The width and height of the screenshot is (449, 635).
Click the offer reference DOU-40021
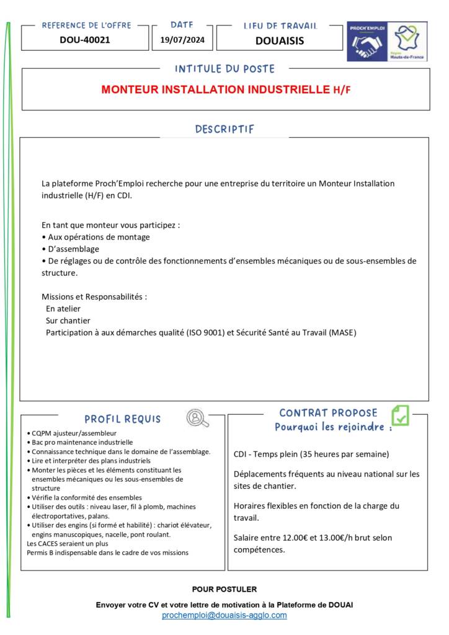[x=86, y=40]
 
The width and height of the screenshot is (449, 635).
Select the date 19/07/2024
[x=182, y=40]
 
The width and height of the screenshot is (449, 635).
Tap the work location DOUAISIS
[x=280, y=41]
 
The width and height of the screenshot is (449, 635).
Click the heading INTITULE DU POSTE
[x=225, y=69]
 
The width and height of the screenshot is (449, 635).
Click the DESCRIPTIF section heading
[x=225, y=129]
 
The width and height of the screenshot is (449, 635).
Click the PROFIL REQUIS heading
[x=123, y=419]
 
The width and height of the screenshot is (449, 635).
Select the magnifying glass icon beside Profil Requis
[x=197, y=419]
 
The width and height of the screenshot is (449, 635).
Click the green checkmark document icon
[x=400, y=415]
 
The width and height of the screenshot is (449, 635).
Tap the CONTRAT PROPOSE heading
[x=328, y=412]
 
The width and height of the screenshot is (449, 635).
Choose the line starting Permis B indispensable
[x=108, y=553]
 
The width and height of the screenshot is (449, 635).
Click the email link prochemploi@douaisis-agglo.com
[x=225, y=615]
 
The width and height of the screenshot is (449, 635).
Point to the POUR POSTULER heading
[x=225, y=589]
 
